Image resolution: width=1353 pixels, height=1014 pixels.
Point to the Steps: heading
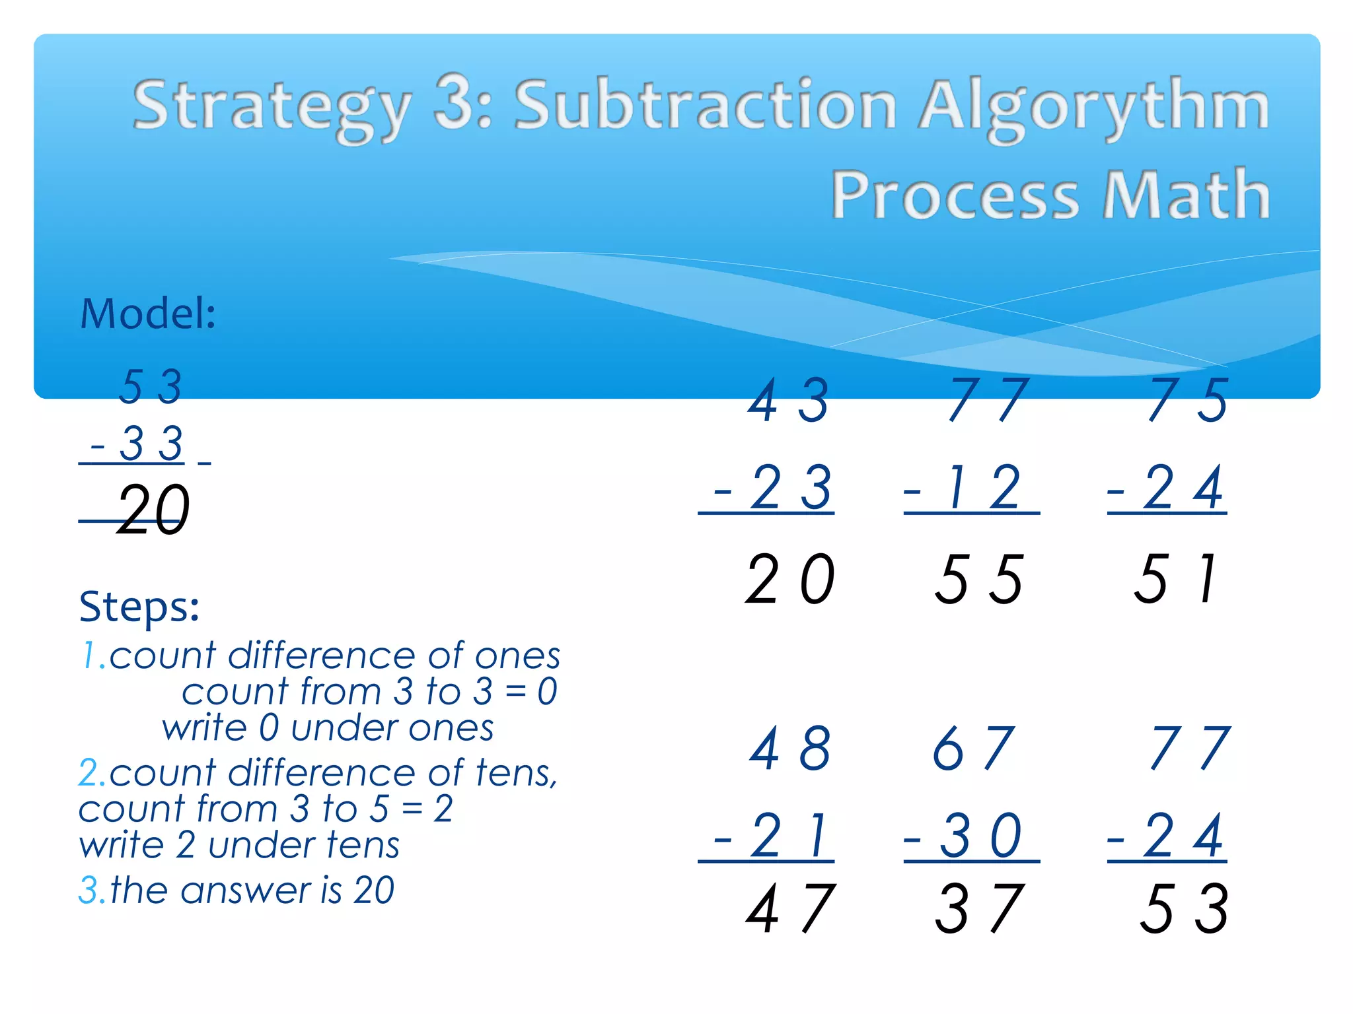[139, 606]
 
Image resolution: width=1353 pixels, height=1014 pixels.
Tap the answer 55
[978, 580]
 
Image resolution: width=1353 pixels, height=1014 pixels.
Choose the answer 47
[790, 910]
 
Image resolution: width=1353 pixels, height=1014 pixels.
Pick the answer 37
[978, 910]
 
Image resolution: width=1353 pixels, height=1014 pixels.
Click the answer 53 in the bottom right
[1184, 910]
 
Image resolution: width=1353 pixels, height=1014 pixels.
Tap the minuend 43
[788, 400]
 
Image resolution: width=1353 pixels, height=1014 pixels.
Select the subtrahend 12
[984, 488]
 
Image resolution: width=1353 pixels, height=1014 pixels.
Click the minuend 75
[1187, 400]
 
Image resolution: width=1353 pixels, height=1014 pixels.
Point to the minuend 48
[790, 749]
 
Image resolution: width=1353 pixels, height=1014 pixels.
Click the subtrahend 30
[980, 836]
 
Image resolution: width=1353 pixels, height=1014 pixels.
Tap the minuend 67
[973, 749]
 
